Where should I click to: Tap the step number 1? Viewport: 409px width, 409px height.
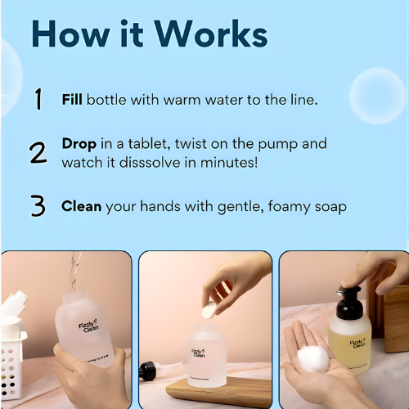coord(38,100)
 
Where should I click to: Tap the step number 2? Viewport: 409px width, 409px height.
coord(38,153)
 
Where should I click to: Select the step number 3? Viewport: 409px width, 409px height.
coord(38,206)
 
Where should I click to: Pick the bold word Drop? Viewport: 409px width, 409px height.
coord(79,144)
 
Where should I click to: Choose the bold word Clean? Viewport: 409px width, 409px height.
coord(82,206)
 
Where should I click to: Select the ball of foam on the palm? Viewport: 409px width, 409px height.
coord(312,358)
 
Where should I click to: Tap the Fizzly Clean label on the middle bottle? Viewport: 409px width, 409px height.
coord(199,351)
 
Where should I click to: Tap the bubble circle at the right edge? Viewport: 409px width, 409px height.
coord(377,92)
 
